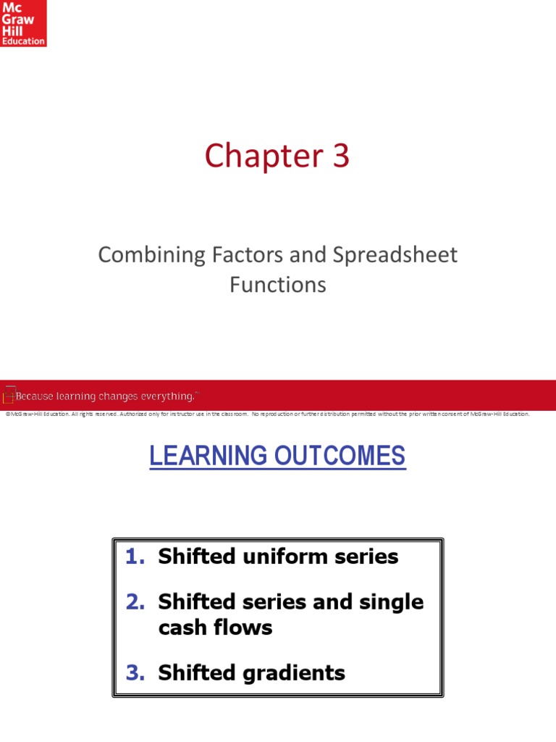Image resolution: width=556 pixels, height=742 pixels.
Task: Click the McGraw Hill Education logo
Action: pyautogui.click(x=23, y=23)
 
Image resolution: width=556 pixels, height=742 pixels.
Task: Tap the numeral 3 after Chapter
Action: pyautogui.click(x=340, y=156)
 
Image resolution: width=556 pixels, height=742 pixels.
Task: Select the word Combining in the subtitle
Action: pyautogui.click(x=143, y=256)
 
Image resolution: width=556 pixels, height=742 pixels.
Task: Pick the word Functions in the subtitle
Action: pyautogui.click(x=278, y=285)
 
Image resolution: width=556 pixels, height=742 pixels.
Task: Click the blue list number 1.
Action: pyautogui.click(x=133, y=556)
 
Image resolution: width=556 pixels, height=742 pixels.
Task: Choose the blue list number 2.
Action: pyautogui.click(x=135, y=601)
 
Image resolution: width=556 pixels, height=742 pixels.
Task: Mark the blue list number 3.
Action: pyautogui.click(x=135, y=673)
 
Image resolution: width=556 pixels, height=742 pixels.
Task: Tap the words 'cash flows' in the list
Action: pyautogui.click(x=216, y=627)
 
